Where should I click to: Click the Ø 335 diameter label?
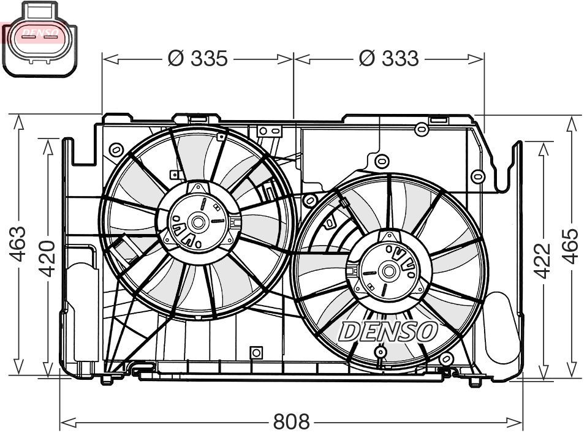coord(198,59)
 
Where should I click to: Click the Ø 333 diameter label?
coord(388,59)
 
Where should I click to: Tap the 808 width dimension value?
coord(291,422)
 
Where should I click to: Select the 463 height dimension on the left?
coord(18,243)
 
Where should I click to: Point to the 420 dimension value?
coord(47,257)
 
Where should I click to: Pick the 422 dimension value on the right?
coord(542,260)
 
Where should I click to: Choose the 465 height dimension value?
coord(570,246)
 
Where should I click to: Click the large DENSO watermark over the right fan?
coord(388,331)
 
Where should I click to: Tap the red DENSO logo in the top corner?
coord(39,33)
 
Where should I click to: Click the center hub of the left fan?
coord(199,221)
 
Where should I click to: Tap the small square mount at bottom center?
coord(256,352)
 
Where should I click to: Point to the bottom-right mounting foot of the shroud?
coord(474,381)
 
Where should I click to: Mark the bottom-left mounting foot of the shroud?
coord(107,379)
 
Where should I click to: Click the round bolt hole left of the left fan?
coord(116,149)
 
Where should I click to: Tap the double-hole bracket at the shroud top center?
coord(269,130)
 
